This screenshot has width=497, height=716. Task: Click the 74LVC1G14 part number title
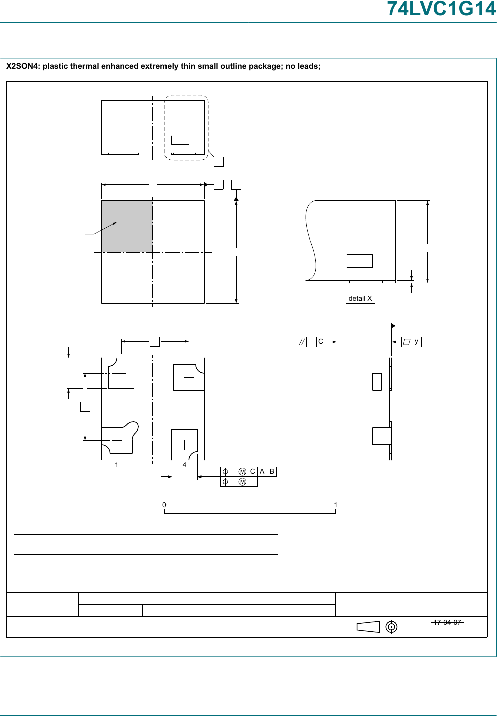(x=442, y=9)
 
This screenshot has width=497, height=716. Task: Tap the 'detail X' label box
(x=360, y=298)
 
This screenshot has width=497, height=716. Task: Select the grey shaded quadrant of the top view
(x=127, y=226)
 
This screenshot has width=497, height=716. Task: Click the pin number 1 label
(x=116, y=465)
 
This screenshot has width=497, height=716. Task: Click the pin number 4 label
(x=184, y=465)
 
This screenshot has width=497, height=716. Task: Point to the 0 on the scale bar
(x=164, y=505)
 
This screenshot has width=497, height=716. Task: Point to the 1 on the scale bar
(x=336, y=505)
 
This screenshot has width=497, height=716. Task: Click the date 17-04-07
(x=447, y=622)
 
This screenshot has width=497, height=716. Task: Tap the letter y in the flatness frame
(x=416, y=342)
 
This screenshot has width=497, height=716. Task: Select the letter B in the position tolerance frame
(x=272, y=472)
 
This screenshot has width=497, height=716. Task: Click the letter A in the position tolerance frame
(x=262, y=472)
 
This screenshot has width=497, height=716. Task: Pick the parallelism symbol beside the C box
(x=302, y=342)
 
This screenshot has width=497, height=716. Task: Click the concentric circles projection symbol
(x=391, y=627)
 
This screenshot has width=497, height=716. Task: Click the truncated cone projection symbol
(x=368, y=627)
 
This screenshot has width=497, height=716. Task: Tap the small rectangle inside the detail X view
(x=360, y=261)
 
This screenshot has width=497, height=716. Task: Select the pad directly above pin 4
(x=185, y=444)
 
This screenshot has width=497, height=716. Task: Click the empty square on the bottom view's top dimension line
(x=155, y=342)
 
